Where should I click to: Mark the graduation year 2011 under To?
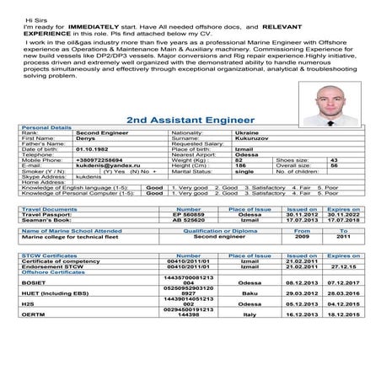coord(343,239)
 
